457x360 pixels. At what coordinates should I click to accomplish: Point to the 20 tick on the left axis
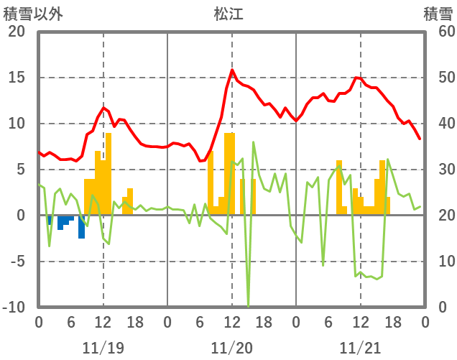[16, 32]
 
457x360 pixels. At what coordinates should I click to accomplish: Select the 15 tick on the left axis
[16, 78]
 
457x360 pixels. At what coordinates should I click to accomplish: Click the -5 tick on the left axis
[16, 262]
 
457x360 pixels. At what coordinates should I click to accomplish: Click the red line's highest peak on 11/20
[232, 70]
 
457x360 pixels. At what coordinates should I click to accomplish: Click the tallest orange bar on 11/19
[108, 172]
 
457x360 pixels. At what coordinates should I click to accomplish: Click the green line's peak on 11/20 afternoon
[254, 142]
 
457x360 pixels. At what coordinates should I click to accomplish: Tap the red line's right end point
[420, 139]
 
